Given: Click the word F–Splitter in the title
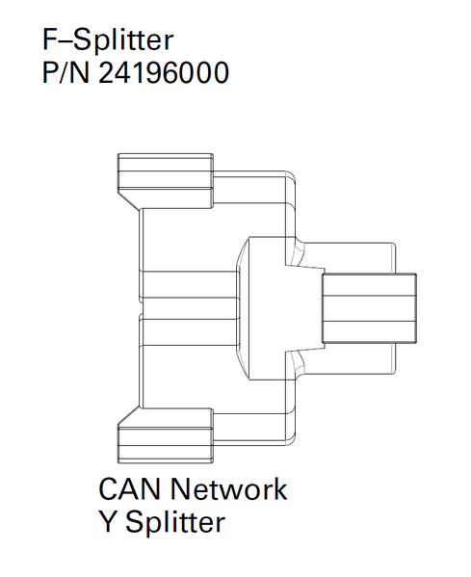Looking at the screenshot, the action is tap(108, 39).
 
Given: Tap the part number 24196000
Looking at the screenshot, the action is tap(164, 72).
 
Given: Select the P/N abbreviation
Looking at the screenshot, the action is tap(65, 72).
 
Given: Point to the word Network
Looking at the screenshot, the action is tap(228, 489).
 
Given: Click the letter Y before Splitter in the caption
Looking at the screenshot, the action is tap(108, 521).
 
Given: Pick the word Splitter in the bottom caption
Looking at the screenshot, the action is tap(175, 522).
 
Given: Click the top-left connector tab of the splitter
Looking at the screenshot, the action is tap(166, 180).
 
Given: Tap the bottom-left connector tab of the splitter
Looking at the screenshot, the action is tap(166, 435).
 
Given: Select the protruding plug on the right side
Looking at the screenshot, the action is tap(370, 308).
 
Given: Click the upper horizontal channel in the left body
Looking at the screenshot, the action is tap(189, 284).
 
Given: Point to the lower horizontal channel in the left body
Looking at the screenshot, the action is tap(189, 332).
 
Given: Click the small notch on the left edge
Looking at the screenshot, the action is tap(142, 308).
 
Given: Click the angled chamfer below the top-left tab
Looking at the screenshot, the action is tap(129, 201).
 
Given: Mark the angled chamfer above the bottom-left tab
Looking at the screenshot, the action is tap(129, 416).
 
